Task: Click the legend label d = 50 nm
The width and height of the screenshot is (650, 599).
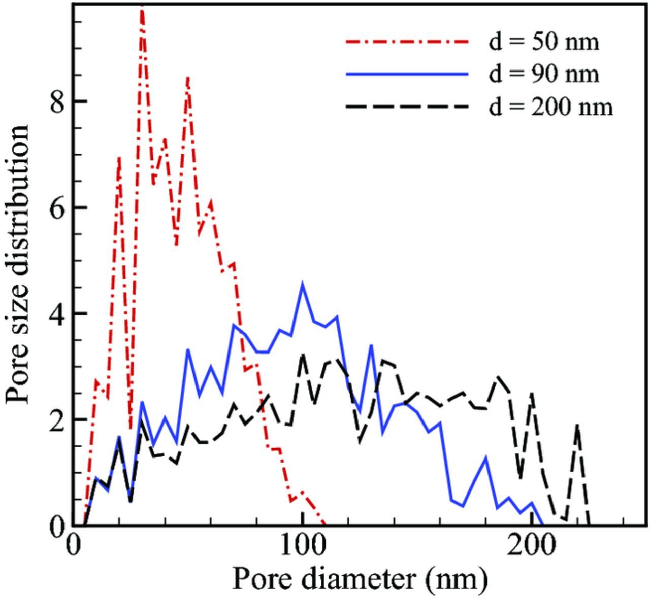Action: coord(543,42)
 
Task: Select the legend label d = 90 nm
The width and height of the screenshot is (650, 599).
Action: coord(543,74)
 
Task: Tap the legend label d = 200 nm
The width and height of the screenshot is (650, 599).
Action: coord(550,107)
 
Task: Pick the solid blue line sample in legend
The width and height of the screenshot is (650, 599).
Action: coord(407,75)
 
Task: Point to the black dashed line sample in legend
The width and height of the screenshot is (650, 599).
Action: coord(407,107)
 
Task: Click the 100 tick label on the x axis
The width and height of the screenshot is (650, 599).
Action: coord(302,546)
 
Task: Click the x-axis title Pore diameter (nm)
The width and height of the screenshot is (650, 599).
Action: coord(360,578)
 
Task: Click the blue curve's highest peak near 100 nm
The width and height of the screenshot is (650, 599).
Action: coord(303,285)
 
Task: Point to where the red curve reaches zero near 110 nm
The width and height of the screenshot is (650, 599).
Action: coord(324,524)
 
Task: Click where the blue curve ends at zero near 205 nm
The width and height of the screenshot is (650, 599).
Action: coord(542,524)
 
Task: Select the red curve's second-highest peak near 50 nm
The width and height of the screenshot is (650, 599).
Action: coord(188,78)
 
